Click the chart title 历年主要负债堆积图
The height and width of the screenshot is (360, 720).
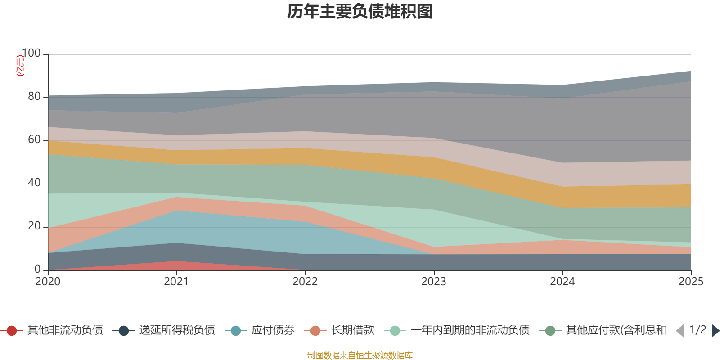coord(360,12)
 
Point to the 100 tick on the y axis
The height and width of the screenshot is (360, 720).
coord(31,53)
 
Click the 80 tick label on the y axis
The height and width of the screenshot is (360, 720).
coord(34,96)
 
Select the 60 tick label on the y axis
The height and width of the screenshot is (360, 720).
coord(34,139)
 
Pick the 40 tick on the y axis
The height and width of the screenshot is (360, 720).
coord(34,183)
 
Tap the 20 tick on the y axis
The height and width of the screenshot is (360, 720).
coord(34,226)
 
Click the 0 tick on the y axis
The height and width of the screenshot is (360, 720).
coord(37,269)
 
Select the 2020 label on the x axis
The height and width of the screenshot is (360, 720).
coord(48,282)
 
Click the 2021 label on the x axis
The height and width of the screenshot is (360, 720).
coord(176,282)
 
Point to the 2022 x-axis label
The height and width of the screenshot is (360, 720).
coord(305,282)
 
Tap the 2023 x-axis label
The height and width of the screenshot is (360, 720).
coord(434,282)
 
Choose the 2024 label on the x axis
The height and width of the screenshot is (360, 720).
coord(562,282)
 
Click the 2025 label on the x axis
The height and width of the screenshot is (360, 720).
coord(691,282)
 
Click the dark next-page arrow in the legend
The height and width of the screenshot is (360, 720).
coord(715,331)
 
